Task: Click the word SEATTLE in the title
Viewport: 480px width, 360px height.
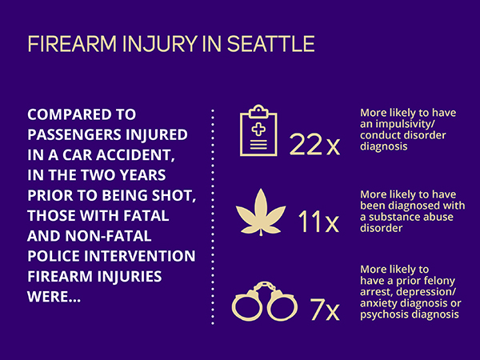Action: [271, 44]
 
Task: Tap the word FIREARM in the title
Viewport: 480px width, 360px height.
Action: [72, 44]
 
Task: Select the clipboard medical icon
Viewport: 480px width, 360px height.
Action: [258, 130]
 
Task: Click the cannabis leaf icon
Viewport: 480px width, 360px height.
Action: [261, 212]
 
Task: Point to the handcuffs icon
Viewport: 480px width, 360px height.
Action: [264, 302]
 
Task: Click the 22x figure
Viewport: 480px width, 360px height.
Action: [314, 145]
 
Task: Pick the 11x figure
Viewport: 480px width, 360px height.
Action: [318, 222]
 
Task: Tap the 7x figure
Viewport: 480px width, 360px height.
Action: [325, 309]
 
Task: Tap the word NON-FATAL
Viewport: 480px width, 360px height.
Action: [108, 236]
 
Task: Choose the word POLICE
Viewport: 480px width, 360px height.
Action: [54, 256]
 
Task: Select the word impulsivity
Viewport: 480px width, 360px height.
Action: [404, 124]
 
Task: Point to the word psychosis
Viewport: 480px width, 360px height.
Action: [385, 314]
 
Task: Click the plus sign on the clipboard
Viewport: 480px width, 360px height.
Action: [258, 129]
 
